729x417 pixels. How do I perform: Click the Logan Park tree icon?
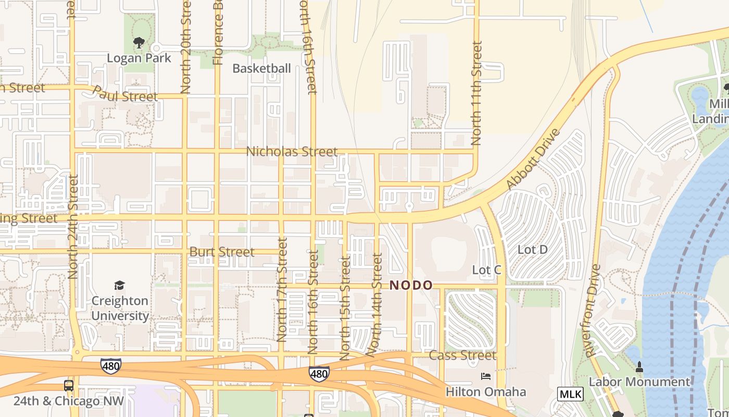(x=139, y=42)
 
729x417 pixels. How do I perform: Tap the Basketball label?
(x=261, y=68)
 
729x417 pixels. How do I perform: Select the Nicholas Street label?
(x=292, y=152)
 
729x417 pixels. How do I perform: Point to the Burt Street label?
(x=222, y=252)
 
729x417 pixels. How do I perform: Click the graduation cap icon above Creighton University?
(x=120, y=285)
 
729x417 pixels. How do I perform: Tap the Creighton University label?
(x=120, y=309)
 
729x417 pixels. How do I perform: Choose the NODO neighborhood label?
(x=411, y=285)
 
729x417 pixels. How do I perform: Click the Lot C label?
(x=486, y=270)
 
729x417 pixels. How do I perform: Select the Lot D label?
(x=532, y=250)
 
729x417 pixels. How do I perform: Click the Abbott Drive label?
(x=533, y=159)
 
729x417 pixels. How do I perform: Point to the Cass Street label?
(x=462, y=355)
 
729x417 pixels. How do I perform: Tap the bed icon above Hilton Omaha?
(x=485, y=376)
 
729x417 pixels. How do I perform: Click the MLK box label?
(x=570, y=394)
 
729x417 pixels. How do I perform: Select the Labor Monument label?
(x=639, y=382)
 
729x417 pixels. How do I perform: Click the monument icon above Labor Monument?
(x=639, y=367)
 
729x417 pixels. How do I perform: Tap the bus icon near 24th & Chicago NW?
(x=68, y=386)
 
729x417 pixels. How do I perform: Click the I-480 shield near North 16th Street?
(x=319, y=373)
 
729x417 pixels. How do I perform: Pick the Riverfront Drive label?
(x=593, y=311)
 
